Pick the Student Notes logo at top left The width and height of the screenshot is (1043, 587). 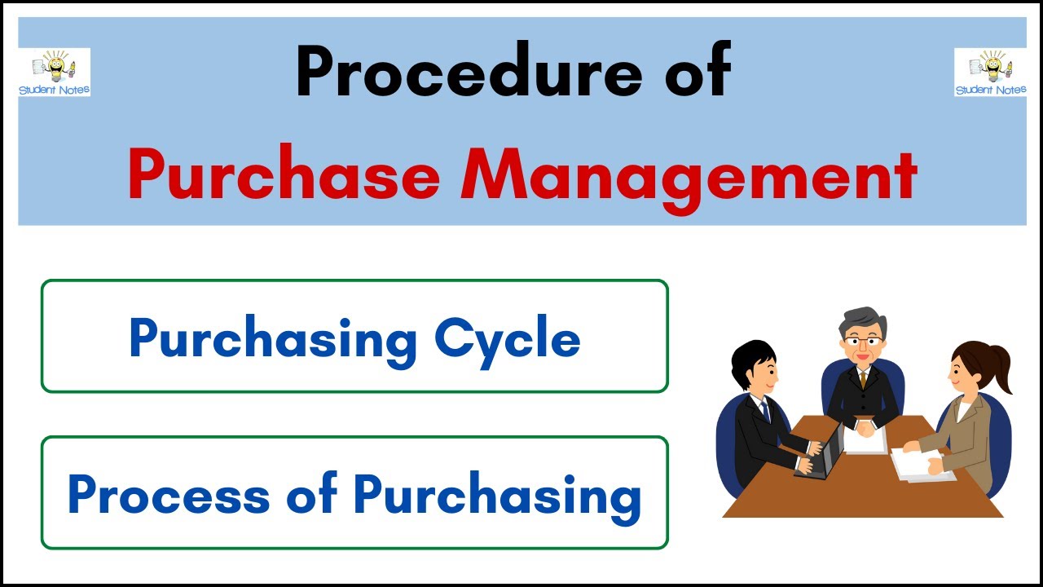pyautogui.click(x=55, y=72)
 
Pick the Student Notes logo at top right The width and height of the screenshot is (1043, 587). pyautogui.click(x=990, y=72)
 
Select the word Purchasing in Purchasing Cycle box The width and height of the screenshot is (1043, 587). pyautogui.click(x=272, y=338)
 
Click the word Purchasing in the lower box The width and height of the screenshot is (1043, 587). pyautogui.click(x=497, y=495)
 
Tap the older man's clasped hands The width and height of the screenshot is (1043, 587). pyautogui.click(x=863, y=423)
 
